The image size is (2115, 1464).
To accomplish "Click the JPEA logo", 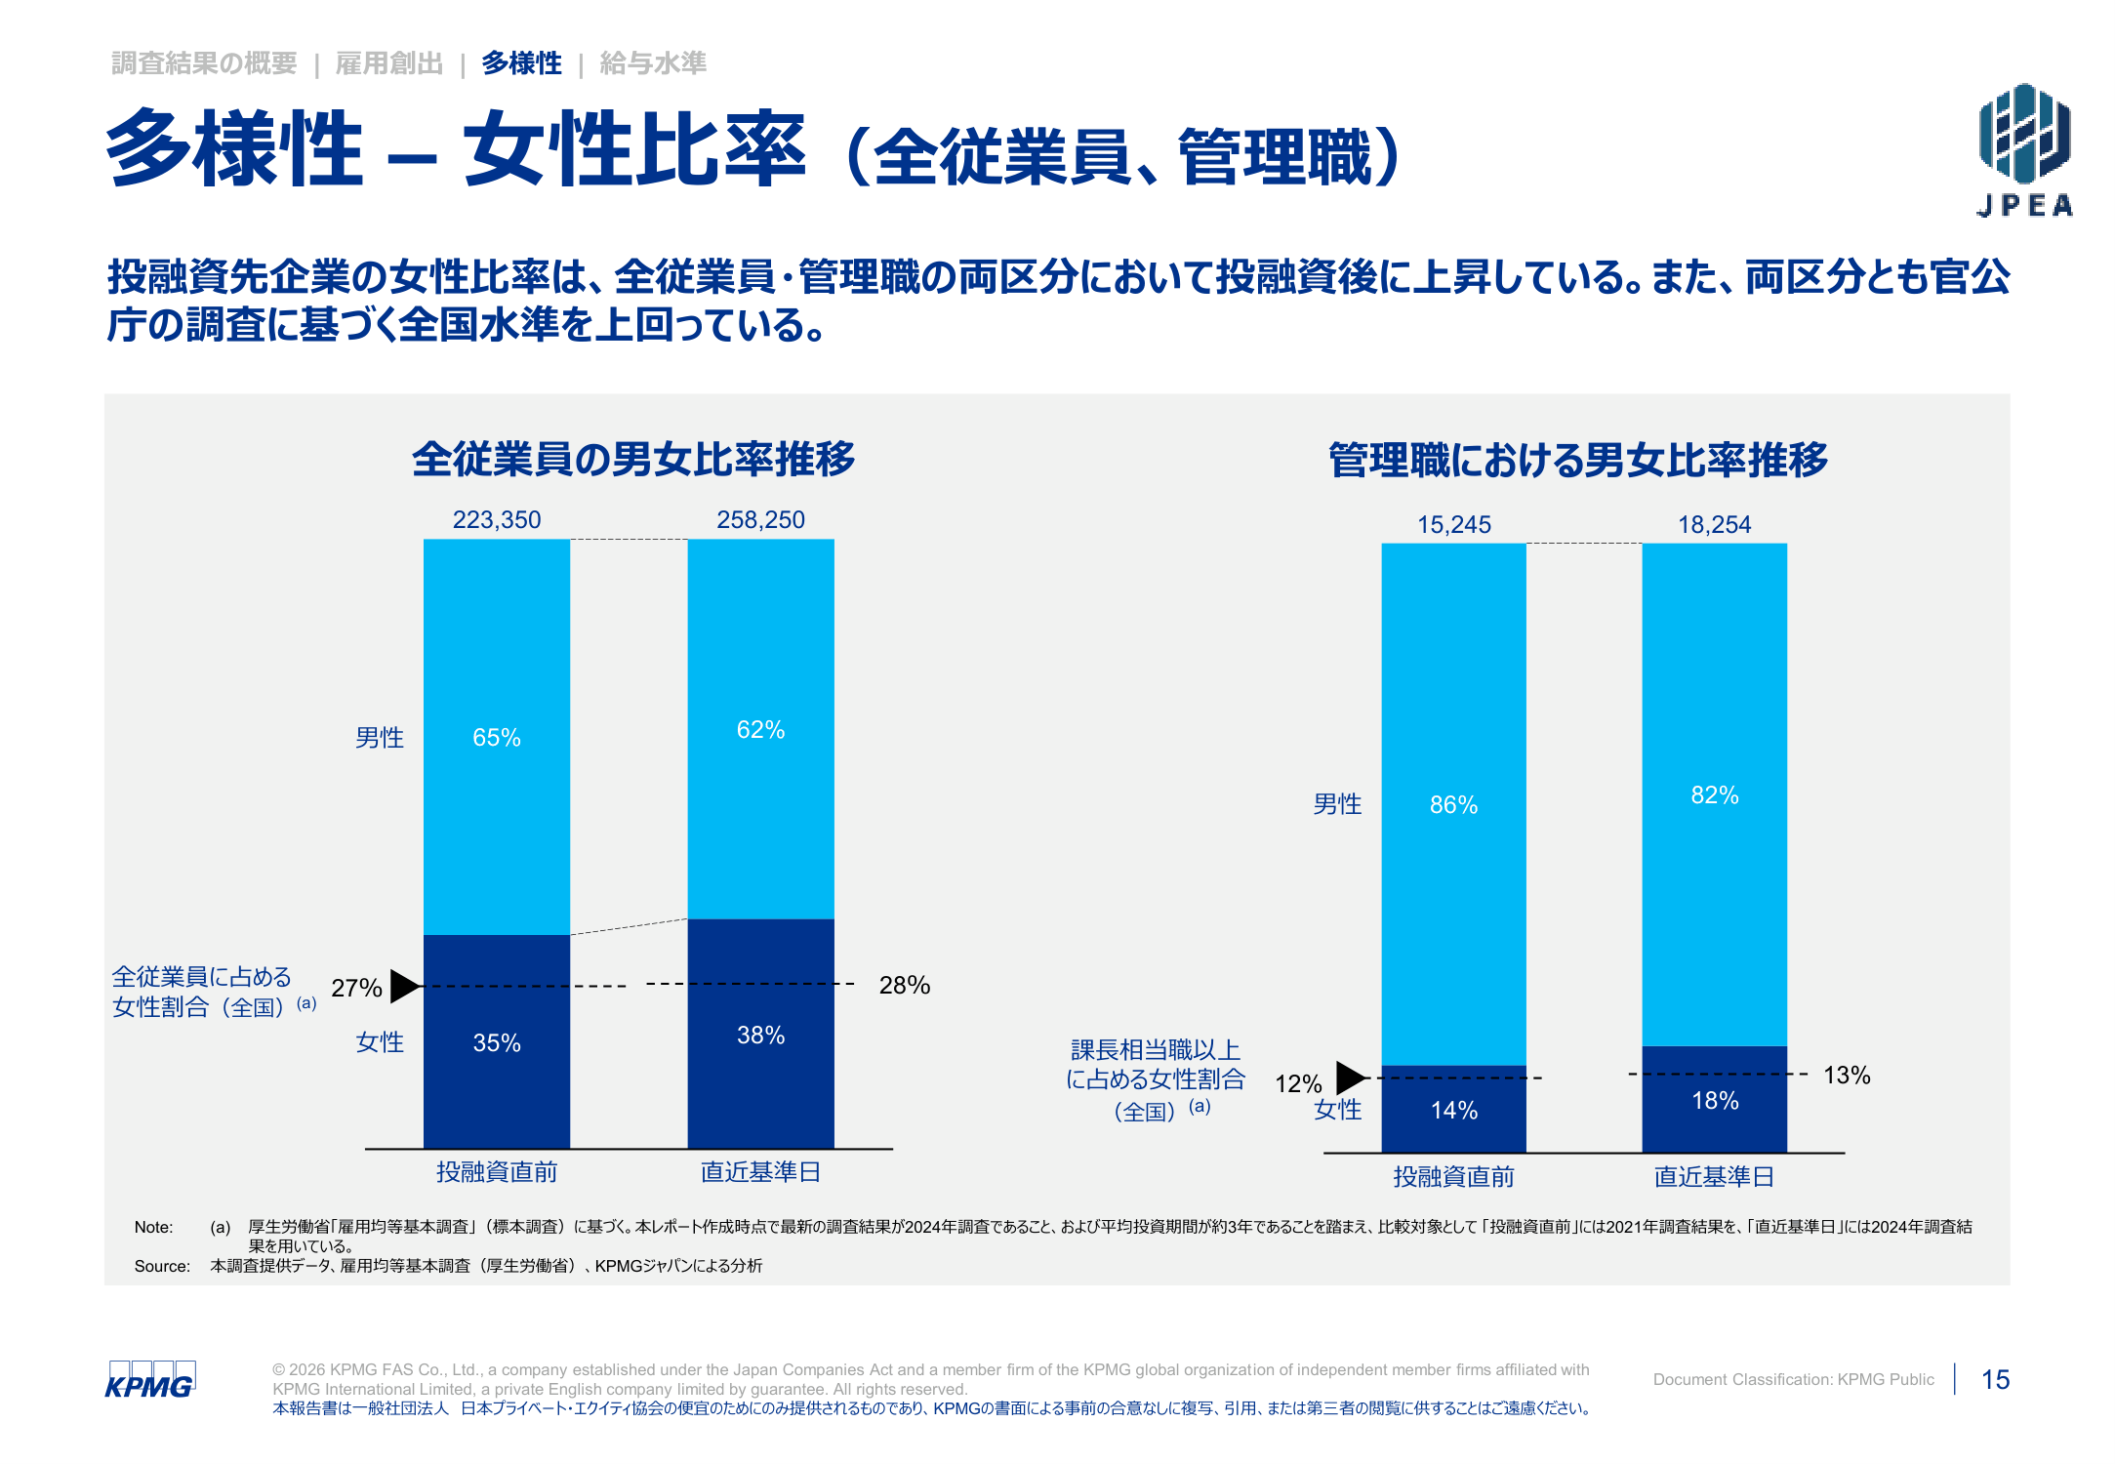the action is pyautogui.click(x=2024, y=148).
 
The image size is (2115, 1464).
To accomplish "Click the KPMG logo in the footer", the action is pyautogui.click(x=150, y=1380).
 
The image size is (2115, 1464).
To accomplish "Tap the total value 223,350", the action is pyautogui.click(x=497, y=519).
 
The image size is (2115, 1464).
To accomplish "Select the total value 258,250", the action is pyautogui.click(x=761, y=519).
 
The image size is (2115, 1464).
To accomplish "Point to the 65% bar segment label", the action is pyautogui.click(x=497, y=737).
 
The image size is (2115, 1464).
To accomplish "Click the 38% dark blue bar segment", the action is pyautogui.click(x=761, y=1034).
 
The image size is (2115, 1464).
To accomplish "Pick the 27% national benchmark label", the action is pyautogui.click(x=356, y=988).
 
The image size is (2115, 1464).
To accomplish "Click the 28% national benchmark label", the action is pyautogui.click(x=905, y=985).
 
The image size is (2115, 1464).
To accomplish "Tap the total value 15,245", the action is pyautogui.click(x=1454, y=524).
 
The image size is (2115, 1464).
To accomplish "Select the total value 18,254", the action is pyautogui.click(x=1715, y=524).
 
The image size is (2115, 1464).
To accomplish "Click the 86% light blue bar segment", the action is pyautogui.click(x=1454, y=804).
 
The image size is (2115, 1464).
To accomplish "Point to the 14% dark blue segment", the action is pyautogui.click(x=1454, y=1109).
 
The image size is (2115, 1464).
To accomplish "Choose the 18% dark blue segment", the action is pyautogui.click(x=1715, y=1100).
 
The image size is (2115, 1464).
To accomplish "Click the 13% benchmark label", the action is pyautogui.click(x=1847, y=1075).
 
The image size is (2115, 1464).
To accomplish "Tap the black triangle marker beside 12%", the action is pyautogui.click(x=1352, y=1078).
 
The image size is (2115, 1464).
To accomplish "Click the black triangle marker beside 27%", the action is pyautogui.click(x=405, y=986).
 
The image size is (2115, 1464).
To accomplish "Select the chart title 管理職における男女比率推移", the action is pyautogui.click(x=1578, y=460).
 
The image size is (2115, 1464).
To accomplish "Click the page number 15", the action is pyautogui.click(x=1996, y=1379).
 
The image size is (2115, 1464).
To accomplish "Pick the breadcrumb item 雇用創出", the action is pyautogui.click(x=389, y=63).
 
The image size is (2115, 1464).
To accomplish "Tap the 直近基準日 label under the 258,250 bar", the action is pyautogui.click(x=761, y=1171).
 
